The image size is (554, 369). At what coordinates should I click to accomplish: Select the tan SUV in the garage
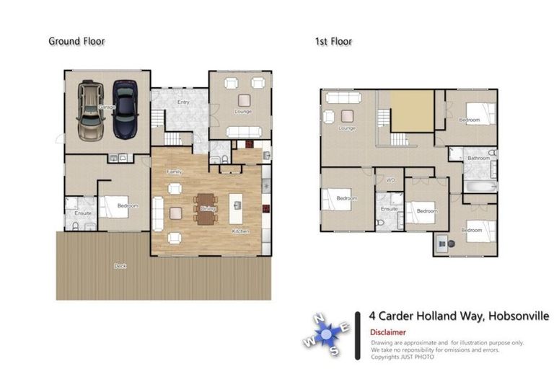pyautogui.click(x=92, y=112)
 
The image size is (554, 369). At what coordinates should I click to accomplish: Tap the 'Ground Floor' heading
pyautogui.click(x=76, y=41)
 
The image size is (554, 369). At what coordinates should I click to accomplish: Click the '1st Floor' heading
pyautogui.click(x=333, y=41)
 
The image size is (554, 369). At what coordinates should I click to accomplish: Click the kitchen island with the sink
pyautogui.click(x=236, y=208)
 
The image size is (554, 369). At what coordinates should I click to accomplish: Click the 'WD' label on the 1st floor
pyautogui.click(x=390, y=179)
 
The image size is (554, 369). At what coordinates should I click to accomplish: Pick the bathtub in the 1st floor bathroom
pyautogui.click(x=480, y=186)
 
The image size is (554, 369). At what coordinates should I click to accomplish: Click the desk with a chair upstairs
pyautogui.click(x=442, y=244)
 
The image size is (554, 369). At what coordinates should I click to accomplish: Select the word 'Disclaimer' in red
pyautogui.click(x=388, y=332)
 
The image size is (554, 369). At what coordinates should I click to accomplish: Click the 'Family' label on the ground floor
pyautogui.click(x=174, y=172)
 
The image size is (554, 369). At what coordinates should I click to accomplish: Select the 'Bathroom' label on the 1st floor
pyautogui.click(x=478, y=157)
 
